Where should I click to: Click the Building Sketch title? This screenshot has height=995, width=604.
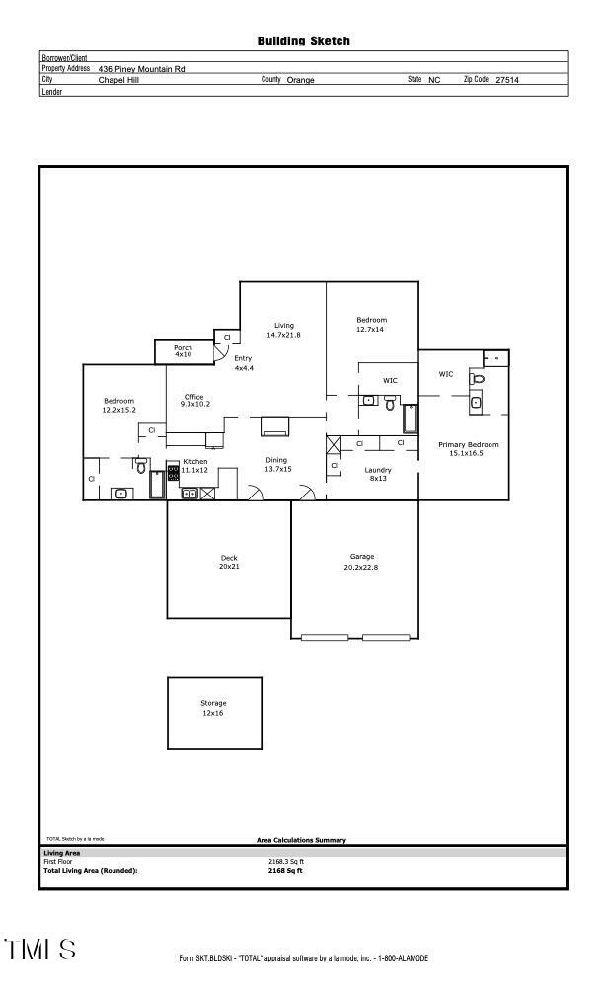pos(303,41)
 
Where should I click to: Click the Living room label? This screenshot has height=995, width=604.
pos(284,326)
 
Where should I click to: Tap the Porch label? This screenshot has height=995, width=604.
pos(183,348)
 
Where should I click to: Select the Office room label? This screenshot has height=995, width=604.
pos(193,397)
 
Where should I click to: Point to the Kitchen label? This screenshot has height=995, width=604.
pos(194,462)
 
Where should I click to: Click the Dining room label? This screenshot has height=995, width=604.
pos(277,460)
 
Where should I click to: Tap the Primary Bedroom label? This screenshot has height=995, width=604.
pos(468,445)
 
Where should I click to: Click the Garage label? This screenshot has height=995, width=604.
pos(362,557)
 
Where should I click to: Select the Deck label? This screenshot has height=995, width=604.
pos(228,559)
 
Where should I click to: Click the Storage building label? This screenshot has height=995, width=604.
pos(213,704)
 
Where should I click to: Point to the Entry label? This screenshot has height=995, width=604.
pos(243,358)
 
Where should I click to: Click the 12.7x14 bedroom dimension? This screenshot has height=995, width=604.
pos(371,329)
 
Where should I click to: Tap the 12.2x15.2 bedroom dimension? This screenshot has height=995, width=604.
pos(118,410)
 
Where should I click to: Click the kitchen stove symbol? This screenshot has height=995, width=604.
pos(174,472)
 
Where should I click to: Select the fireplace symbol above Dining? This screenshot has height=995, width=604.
pos(274,426)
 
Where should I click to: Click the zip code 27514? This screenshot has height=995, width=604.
pos(506,80)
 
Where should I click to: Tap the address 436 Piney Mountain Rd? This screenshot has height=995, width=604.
pos(141,69)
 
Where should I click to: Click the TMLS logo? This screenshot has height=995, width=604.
pos(39,950)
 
